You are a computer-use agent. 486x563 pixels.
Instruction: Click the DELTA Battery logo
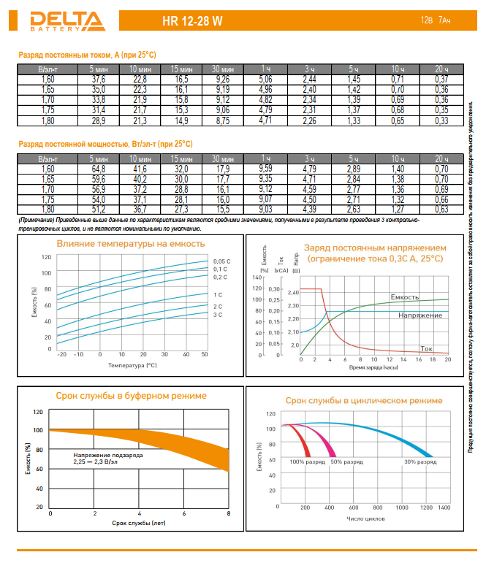[50, 21]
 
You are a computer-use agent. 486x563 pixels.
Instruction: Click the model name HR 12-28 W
[193, 22]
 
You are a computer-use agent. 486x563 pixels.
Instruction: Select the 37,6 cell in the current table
[99, 79]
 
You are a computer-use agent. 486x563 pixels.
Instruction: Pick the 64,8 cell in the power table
[99, 169]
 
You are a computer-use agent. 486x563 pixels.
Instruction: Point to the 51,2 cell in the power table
[99, 210]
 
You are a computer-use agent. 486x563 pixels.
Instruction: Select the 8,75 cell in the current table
[224, 119]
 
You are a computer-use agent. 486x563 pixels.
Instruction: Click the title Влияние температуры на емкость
[131, 244]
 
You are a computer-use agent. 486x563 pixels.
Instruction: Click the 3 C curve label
[217, 315]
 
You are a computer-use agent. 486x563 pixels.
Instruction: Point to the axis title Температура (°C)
[132, 364]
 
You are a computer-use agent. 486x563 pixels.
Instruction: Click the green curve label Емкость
[404, 297]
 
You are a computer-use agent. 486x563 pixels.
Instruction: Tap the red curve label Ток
[429, 349]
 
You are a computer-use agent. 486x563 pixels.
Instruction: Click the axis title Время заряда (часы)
[373, 368]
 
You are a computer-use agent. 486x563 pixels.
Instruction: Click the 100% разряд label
[307, 462]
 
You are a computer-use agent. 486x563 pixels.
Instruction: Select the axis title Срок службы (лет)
[139, 523]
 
